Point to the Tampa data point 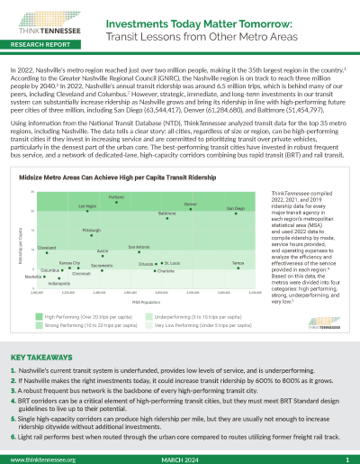click(x=238, y=266)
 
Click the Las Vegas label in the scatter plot click(x=87, y=206)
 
